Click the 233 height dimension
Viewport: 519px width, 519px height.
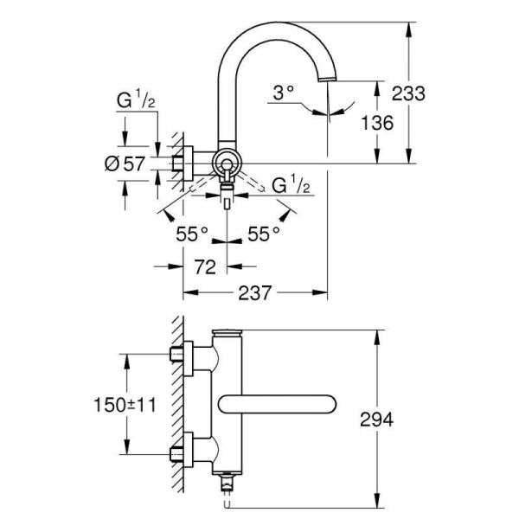pyautogui.click(x=409, y=93)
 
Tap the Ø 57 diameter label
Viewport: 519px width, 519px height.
pyautogui.click(x=128, y=163)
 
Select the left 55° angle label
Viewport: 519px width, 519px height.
pyautogui.click(x=193, y=233)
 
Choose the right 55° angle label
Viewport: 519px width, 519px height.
pyautogui.click(x=264, y=233)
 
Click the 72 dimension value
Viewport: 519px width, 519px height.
pyautogui.click(x=204, y=267)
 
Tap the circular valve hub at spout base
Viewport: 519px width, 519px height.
pyautogui.click(x=227, y=163)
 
